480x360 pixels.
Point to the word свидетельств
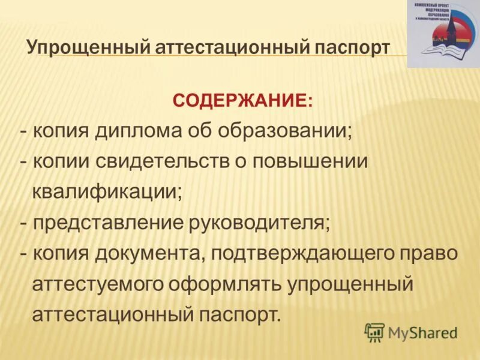point(155,162)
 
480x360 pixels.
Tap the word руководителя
point(260,223)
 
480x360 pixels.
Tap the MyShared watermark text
point(422,332)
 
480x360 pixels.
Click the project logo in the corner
point(442,34)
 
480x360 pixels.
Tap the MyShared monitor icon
point(374,332)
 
